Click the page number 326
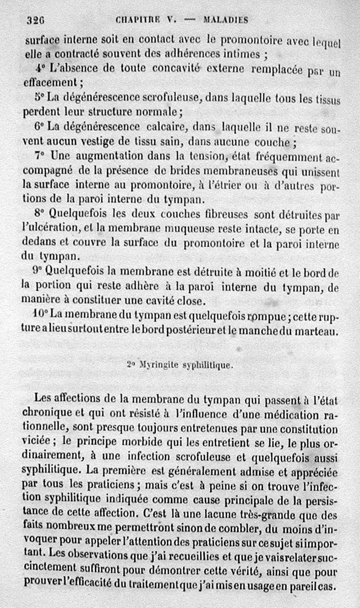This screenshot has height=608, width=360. coord(34,20)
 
